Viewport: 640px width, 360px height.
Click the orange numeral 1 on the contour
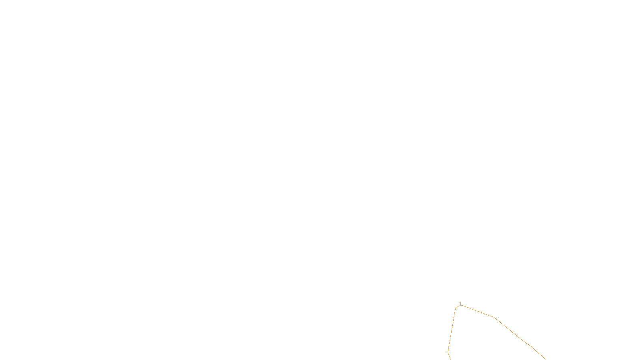coord(460,304)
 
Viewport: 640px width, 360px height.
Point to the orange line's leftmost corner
coord(448,352)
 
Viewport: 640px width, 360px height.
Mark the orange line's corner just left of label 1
coord(456,308)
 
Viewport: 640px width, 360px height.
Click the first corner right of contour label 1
coord(495,318)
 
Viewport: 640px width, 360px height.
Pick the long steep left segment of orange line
coord(452,330)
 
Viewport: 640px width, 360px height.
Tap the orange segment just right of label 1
coord(478,312)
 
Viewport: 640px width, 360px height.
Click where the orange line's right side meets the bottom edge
coord(546,359)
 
